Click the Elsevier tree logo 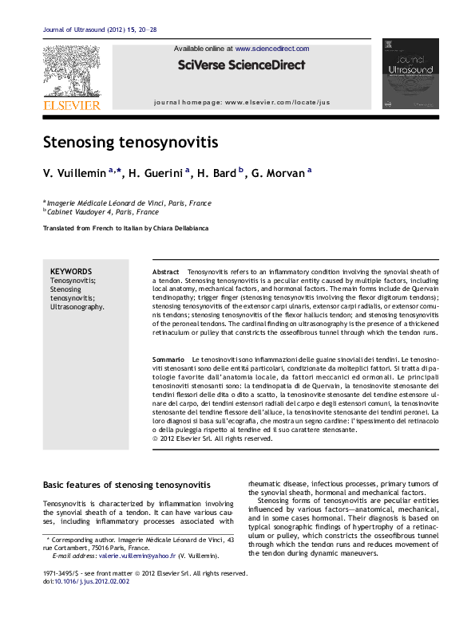tap(71, 69)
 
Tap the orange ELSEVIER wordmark tap(71, 104)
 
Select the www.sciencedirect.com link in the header tap(272, 49)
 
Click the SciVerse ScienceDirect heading tap(241, 65)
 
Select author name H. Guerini tap(156, 172)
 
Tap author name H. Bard tap(216, 172)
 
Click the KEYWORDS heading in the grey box tap(71, 271)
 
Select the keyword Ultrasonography tap(77, 307)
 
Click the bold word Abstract tap(166, 272)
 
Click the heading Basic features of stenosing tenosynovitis tap(126, 485)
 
